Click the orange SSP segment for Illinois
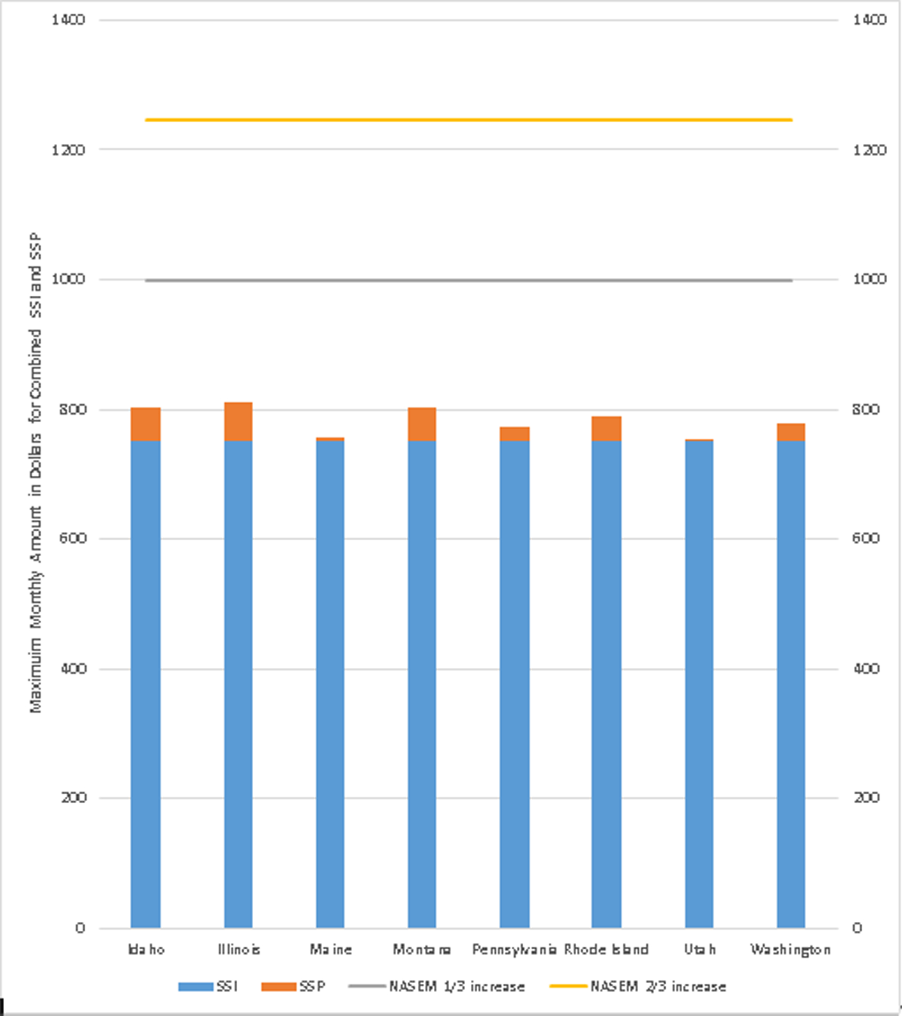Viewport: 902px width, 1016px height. click(x=238, y=422)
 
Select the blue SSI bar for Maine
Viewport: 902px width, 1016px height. click(x=330, y=683)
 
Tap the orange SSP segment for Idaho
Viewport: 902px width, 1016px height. click(x=146, y=424)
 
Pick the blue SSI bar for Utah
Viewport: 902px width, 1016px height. click(x=699, y=683)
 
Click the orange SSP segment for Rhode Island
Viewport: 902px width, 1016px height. click(x=606, y=429)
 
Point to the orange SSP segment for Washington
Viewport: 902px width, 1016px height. click(x=791, y=432)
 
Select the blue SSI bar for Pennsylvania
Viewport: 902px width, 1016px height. click(x=514, y=683)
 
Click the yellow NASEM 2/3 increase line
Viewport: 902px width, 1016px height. click(x=469, y=120)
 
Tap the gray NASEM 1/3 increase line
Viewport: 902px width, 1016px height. click(x=469, y=280)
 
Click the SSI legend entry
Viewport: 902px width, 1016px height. click(x=208, y=987)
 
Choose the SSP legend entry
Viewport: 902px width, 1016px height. click(x=293, y=987)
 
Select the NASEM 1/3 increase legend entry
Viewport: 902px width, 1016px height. click(x=437, y=987)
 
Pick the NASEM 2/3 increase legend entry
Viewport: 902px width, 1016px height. click(x=638, y=987)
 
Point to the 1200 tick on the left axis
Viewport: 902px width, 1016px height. click(x=68, y=150)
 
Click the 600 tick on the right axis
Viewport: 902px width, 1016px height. click(x=865, y=538)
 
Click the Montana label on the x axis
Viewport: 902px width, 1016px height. click(x=422, y=950)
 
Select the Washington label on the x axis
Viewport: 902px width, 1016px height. click(x=790, y=950)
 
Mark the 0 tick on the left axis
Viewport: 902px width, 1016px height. click(x=80, y=928)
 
